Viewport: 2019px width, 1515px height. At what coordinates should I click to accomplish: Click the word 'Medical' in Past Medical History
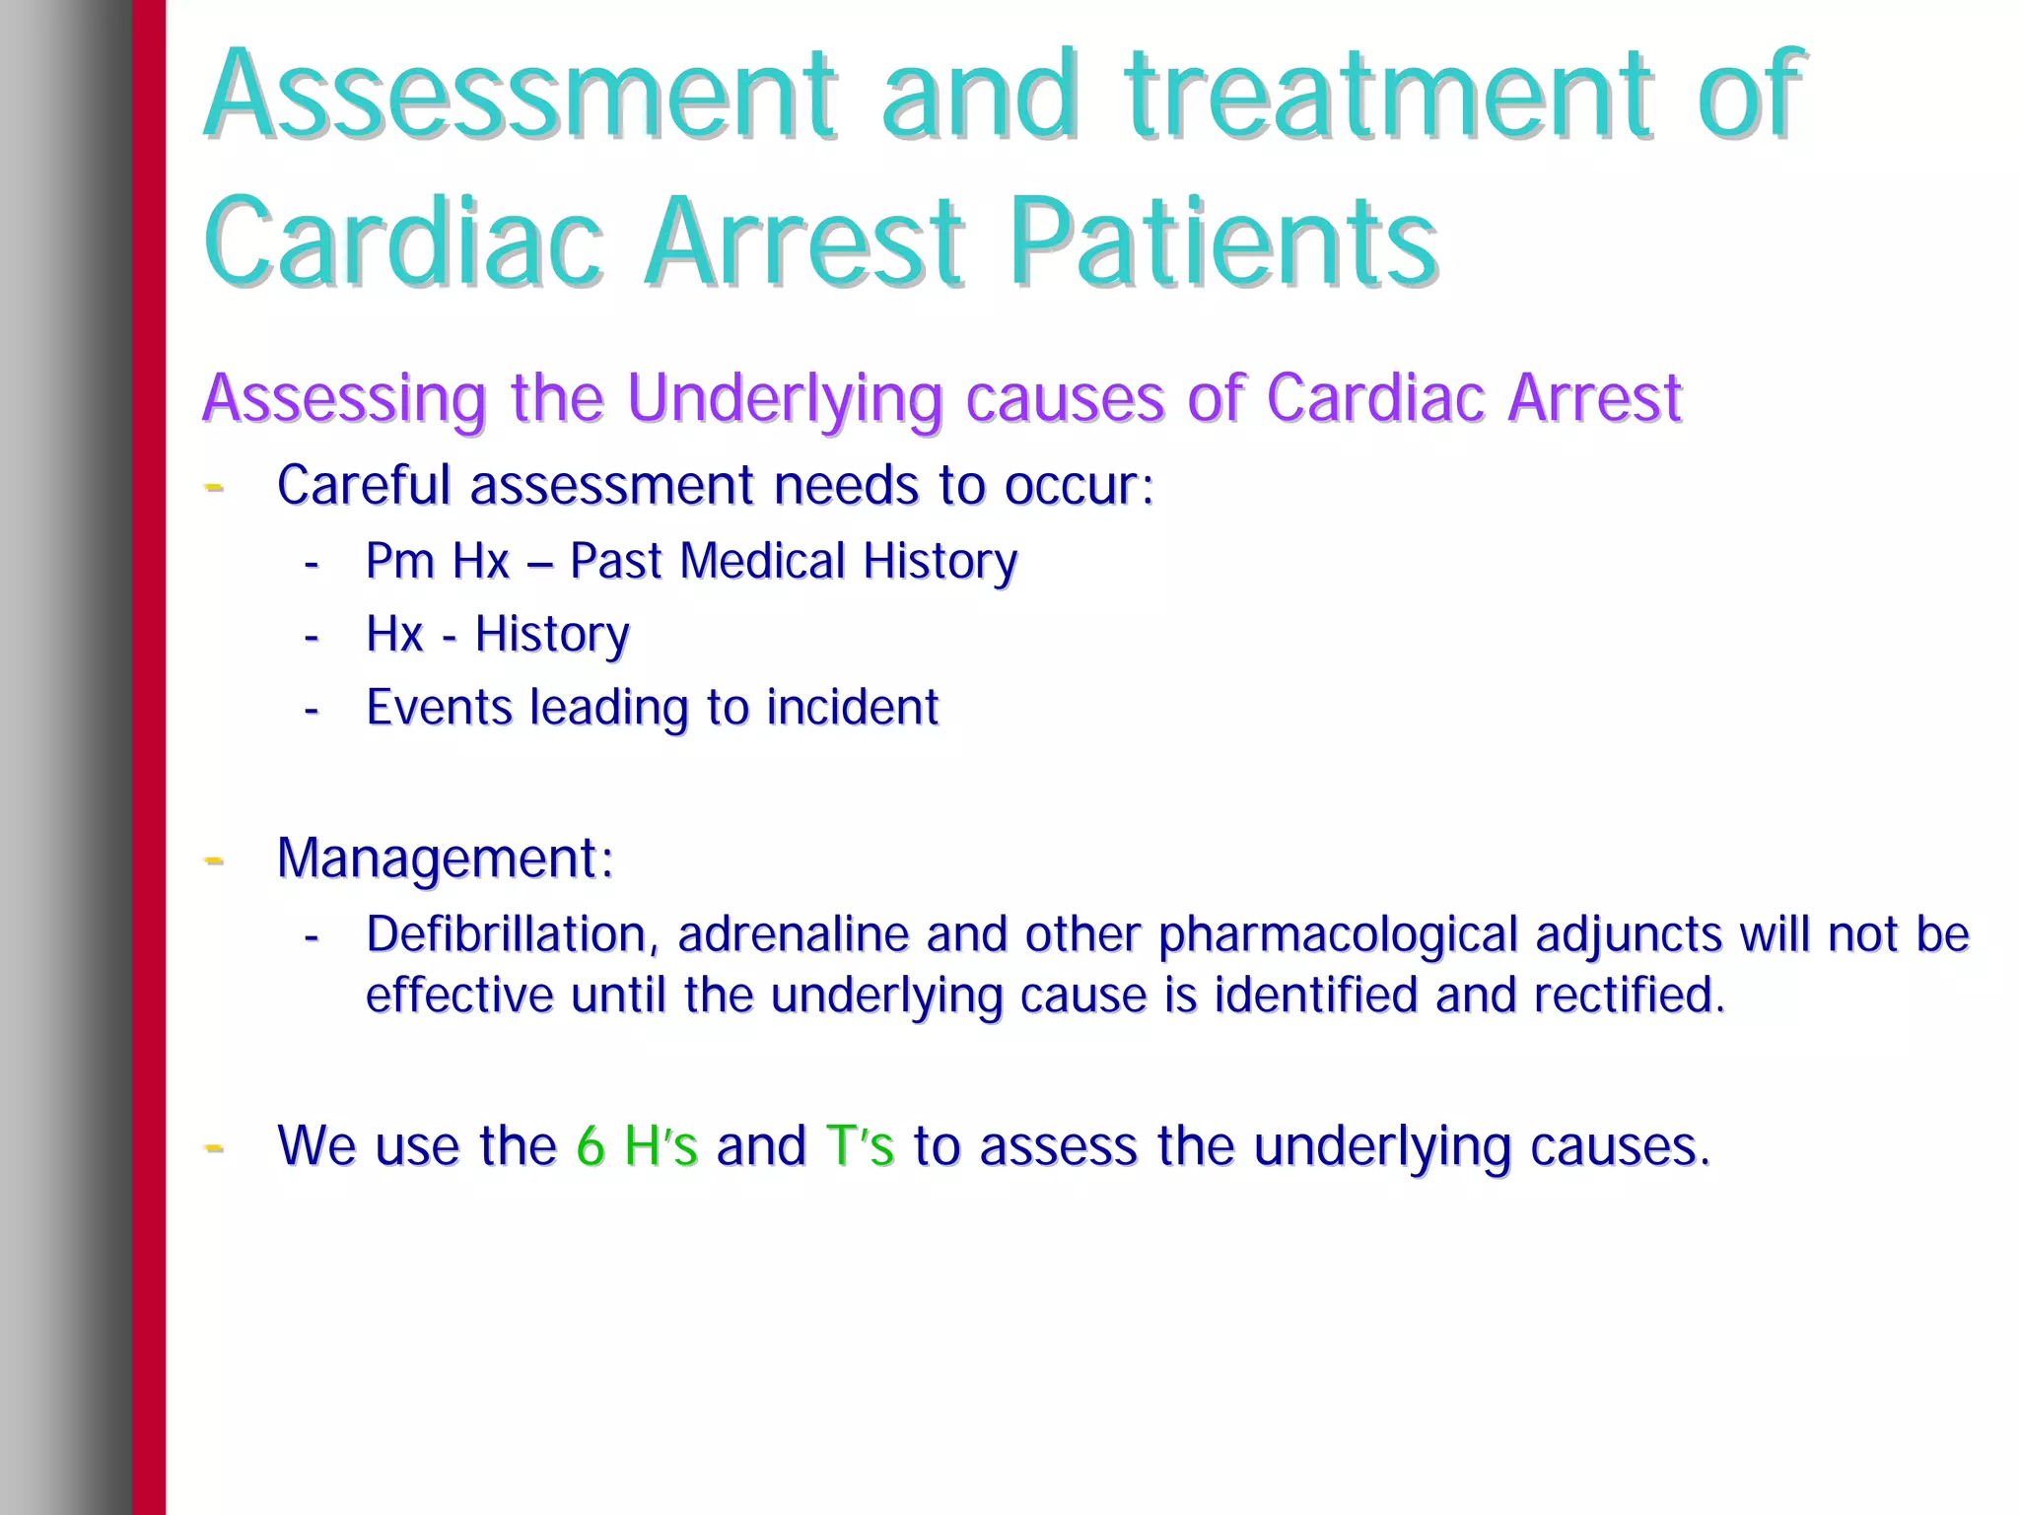tap(762, 562)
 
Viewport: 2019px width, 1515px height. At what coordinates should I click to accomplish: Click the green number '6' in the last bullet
tap(590, 1146)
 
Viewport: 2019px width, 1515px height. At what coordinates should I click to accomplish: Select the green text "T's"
tap(860, 1146)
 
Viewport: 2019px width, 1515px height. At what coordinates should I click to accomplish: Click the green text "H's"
tap(661, 1146)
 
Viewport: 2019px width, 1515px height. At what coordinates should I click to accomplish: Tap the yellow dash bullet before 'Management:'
tap(213, 861)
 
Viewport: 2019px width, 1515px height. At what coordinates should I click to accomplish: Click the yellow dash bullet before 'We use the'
tap(213, 1147)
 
